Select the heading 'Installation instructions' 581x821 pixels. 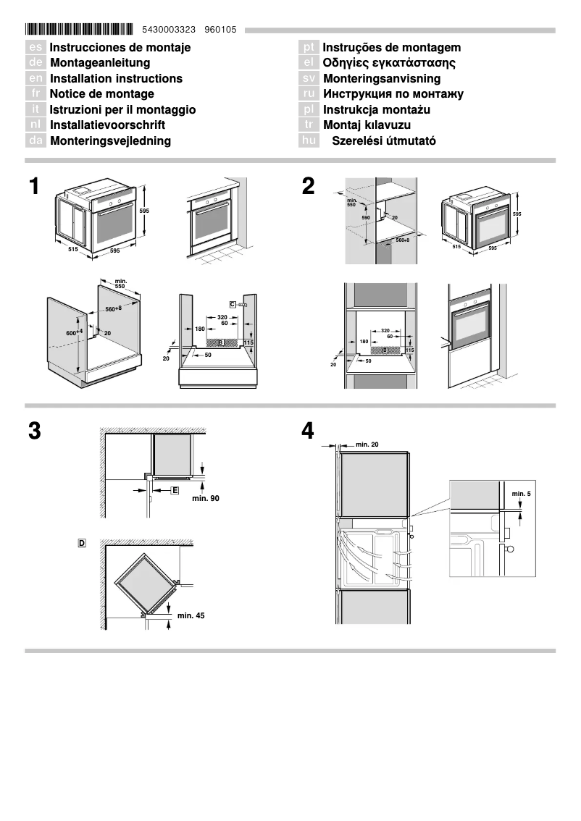pyautogui.click(x=116, y=78)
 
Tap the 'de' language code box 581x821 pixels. pyautogui.click(x=36, y=63)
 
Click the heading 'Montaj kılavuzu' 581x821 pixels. pyautogui.click(x=367, y=125)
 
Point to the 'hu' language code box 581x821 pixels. pyautogui.click(x=309, y=140)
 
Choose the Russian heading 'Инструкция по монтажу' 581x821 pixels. pyautogui.click(x=393, y=93)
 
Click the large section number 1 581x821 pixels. pyautogui.click(x=34, y=187)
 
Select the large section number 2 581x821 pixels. pyautogui.click(x=309, y=187)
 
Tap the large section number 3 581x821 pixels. pyautogui.click(x=34, y=431)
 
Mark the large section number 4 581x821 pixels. pyautogui.click(x=309, y=431)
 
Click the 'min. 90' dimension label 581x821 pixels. pyautogui.click(x=205, y=498)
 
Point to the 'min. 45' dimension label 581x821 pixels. pyautogui.click(x=191, y=615)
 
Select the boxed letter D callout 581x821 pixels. pyautogui.click(x=82, y=542)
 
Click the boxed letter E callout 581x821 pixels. pyautogui.click(x=175, y=490)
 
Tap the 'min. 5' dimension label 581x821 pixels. pyautogui.click(x=521, y=493)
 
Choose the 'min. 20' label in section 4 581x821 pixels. pyautogui.click(x=367, y=444)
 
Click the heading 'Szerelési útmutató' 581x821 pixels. pyautogui.click(x=383, y=140)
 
